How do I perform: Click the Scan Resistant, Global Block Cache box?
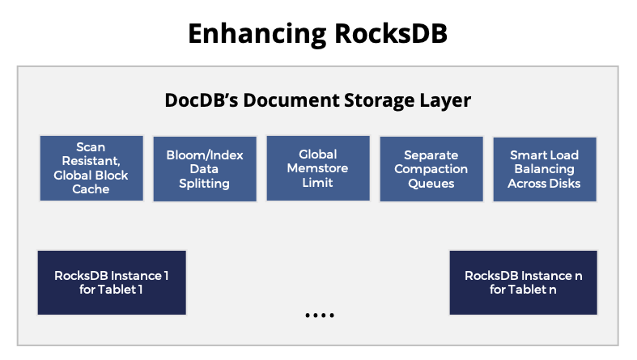click(91, 168)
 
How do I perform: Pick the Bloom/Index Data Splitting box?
click(204, 168)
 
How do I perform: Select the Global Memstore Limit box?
click(317, 168)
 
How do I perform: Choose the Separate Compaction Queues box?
click(431, 168)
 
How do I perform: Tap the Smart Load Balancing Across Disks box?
click(544, 168)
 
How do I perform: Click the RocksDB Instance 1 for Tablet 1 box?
click(112, 282)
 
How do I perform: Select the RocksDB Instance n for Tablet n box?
click(523, 282)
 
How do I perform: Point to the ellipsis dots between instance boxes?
click(319, 315)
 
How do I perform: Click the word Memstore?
click(317, 168)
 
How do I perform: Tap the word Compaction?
click(431, 169)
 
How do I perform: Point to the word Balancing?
click(544, 169)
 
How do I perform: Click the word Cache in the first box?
click(91, 189)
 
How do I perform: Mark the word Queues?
click(431, 184)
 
